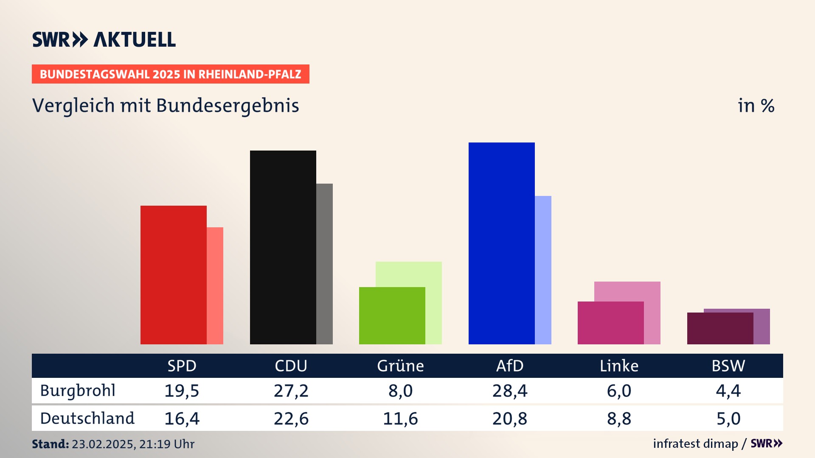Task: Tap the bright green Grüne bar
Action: (x=392, y=316)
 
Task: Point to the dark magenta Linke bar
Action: (x=610, y=323)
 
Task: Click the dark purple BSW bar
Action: (x=720, y=328)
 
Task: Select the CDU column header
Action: (x=291, y=366)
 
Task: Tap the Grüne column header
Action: (x=400, y=366)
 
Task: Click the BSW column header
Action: (x=728, y=366)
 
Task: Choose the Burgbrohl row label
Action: (x=78, y=391)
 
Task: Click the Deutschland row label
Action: (x=87, y=419)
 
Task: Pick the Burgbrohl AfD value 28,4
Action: (x=510, y=391)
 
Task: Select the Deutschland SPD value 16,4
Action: (x=182, y=419)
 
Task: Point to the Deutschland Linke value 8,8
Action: (x=619, y=419)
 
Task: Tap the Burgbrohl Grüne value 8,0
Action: (x=400, y=391)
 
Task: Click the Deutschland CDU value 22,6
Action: (x=291, y=419)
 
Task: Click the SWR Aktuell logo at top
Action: (x=104, y=39)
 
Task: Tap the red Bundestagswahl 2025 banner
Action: (x=170, y=74)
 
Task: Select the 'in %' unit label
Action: (x=756, y=106)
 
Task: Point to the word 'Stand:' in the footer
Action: (x=50, y=444)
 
